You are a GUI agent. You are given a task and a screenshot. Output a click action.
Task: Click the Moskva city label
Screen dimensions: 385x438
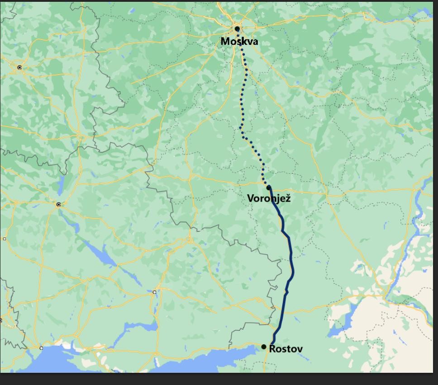point(239,41)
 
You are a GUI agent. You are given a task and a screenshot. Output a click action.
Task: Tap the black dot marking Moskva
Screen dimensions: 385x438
point(237,29)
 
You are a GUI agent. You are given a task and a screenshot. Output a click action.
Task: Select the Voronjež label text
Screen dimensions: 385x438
point(269,198)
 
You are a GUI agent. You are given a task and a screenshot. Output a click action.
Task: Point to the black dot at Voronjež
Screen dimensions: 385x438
point(268,188)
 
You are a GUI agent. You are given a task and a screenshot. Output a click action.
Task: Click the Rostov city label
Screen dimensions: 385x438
point(286,348)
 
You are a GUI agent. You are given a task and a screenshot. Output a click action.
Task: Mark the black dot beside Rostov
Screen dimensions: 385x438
point(264,347)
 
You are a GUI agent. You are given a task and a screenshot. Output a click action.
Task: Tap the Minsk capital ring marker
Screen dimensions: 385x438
point(19,67)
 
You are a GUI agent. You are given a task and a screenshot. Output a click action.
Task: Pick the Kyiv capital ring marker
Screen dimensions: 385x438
point(58,204)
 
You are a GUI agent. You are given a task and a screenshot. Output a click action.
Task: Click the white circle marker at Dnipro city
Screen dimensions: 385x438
point(155,292)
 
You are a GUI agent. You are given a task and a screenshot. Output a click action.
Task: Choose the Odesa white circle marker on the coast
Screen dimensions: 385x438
point(41,348)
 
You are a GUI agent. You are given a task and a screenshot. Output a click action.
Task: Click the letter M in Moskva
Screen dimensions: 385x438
point(225,41)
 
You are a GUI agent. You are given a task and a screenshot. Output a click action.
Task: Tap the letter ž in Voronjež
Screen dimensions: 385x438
point(288,198)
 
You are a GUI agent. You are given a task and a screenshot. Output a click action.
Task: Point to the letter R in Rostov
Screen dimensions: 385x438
point(272,348)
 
